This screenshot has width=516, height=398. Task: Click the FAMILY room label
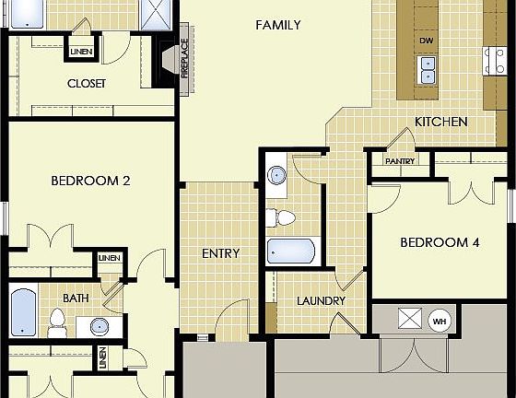277,25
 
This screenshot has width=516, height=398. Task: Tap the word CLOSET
87,83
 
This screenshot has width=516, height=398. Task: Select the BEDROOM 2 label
89,181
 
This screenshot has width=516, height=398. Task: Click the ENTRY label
220,253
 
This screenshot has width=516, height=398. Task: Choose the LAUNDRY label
321,301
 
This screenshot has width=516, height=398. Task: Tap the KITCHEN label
440,122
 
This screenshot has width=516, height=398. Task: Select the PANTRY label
400,161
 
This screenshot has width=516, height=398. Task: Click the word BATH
76,298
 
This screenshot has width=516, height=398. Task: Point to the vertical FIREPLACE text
184,65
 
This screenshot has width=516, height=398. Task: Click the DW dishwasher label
426,41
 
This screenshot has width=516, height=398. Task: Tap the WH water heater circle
440,320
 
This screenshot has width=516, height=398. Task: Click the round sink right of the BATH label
100,324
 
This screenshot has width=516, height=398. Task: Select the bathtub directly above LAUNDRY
290,251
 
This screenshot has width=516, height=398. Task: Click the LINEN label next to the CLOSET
80,51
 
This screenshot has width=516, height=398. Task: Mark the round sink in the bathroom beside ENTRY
277,175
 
